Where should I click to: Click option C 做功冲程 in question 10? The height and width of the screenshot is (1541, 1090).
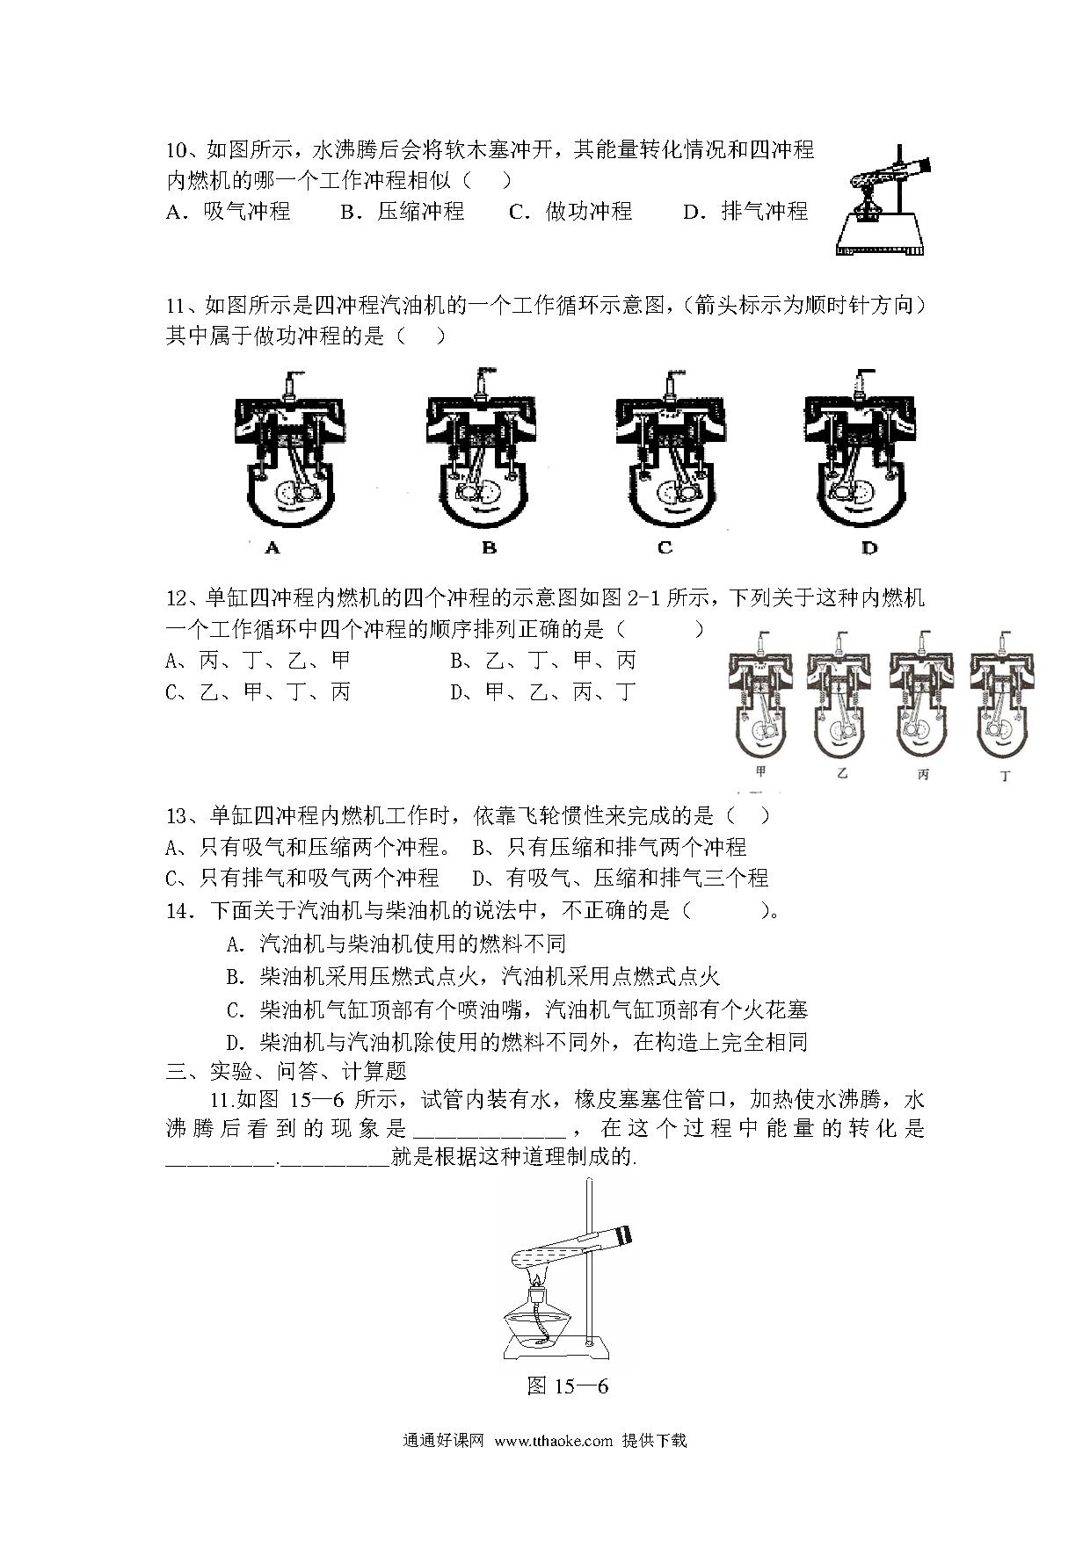coord(570,212)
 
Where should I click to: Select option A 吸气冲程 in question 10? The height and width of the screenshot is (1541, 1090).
coord(228,212)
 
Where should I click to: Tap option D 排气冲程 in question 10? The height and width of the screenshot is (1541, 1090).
coord(745,212)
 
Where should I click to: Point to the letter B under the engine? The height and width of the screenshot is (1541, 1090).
coord(490,548)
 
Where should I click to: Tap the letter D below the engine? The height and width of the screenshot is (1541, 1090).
coord(868,548)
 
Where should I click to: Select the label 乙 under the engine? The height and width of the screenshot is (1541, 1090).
coord(842,774)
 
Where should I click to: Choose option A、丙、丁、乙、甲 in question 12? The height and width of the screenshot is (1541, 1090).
coord(258,661)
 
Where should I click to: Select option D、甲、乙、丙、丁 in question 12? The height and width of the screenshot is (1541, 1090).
coord(542,692)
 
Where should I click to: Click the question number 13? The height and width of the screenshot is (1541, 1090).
coord(178,816)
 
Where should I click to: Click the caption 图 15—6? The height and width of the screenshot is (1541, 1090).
coord(568,1386)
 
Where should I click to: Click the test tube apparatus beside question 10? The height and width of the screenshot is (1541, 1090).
coord(883,200)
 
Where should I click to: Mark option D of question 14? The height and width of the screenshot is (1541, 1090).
coord(517,1043)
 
